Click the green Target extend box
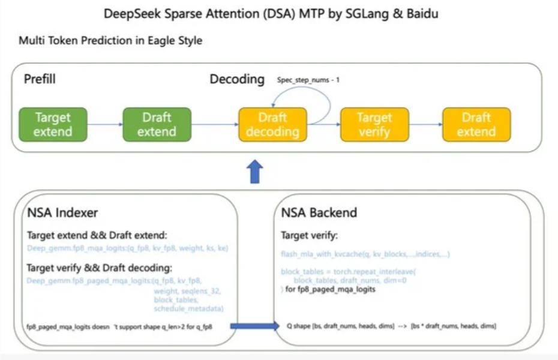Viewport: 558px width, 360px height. (x=53, y=125)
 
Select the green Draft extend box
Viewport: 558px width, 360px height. (x=157, y=125)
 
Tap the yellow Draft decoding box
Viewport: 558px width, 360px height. (x=272, y=125)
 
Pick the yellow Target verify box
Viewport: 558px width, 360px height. (x=374, y=125)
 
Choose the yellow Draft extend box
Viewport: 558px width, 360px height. (x=476, y=125)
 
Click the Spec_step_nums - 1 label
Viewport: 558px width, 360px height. (x=308, y=79)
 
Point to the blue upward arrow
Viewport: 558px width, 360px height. (x=256, y=172)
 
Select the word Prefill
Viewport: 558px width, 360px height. (x=40, y=79)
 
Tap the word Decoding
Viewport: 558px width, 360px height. (x=237, y=79)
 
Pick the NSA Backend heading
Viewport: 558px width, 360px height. (x=319, y=212)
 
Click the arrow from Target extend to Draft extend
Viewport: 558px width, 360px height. (x=105, y=125)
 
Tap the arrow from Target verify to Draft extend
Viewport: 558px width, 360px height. (x=425, y=125)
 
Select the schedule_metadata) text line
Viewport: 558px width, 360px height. (x=188, y=308)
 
